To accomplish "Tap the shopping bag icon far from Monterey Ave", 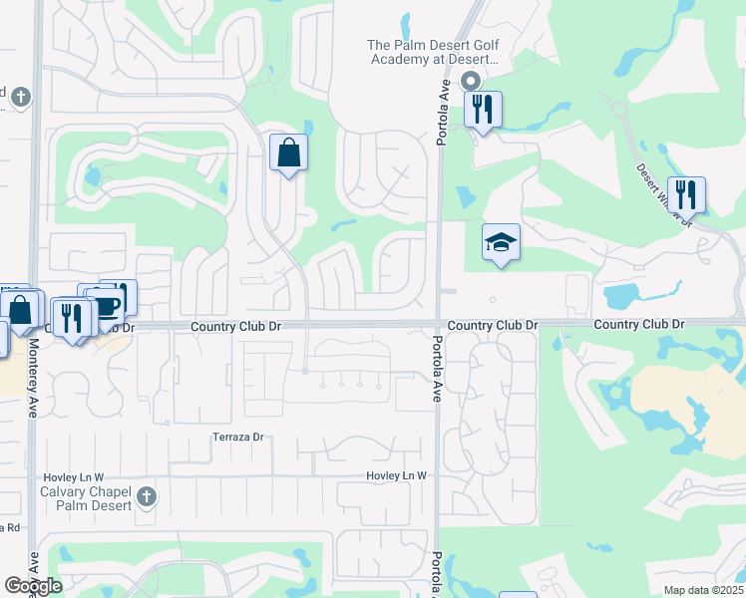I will [x=288, y=153].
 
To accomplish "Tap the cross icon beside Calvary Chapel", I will [x=147, y=496].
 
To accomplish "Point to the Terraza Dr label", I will [x=236, y=438].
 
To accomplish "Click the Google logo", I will [x=34, y=586].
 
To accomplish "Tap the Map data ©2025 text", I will [x=703, y=590].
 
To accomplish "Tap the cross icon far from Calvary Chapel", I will [x=22, y=98].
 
